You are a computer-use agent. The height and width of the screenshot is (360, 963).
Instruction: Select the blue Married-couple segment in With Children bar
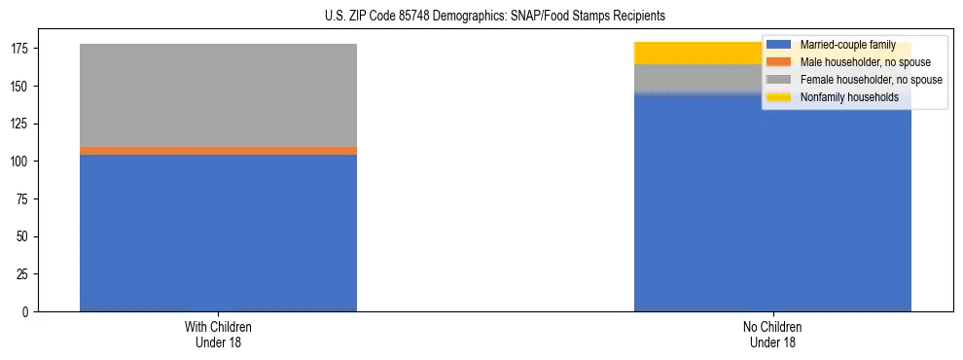[218, 233]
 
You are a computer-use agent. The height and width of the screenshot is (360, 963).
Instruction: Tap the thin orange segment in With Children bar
[218, 151]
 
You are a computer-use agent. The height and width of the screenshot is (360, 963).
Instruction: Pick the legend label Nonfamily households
[842, 97]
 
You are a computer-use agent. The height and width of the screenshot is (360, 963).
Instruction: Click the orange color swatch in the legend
[779, 62]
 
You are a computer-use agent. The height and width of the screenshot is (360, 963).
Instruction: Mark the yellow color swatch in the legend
[779, 97]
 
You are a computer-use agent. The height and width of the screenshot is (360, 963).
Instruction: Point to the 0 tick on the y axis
[27, 311]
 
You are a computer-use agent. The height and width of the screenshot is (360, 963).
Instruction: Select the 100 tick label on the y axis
[20, 162]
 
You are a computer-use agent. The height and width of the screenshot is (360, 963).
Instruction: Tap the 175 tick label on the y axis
[20, 49]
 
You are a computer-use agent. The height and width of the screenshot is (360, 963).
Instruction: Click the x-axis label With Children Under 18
[218, 334]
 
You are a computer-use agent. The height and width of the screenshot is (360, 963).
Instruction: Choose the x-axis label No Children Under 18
[772, 334]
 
